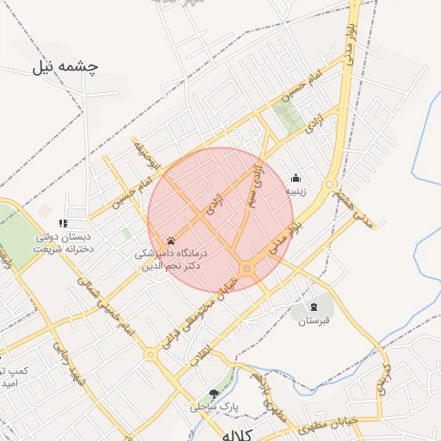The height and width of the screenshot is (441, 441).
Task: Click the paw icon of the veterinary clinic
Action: coord(171,241)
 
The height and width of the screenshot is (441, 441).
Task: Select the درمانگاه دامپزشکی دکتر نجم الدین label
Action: coord(171,260)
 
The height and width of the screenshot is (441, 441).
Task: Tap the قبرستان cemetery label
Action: coord(314,321)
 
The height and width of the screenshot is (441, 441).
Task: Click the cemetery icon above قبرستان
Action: coord(314,307)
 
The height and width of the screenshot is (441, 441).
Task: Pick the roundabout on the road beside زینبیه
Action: coord(328,183)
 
